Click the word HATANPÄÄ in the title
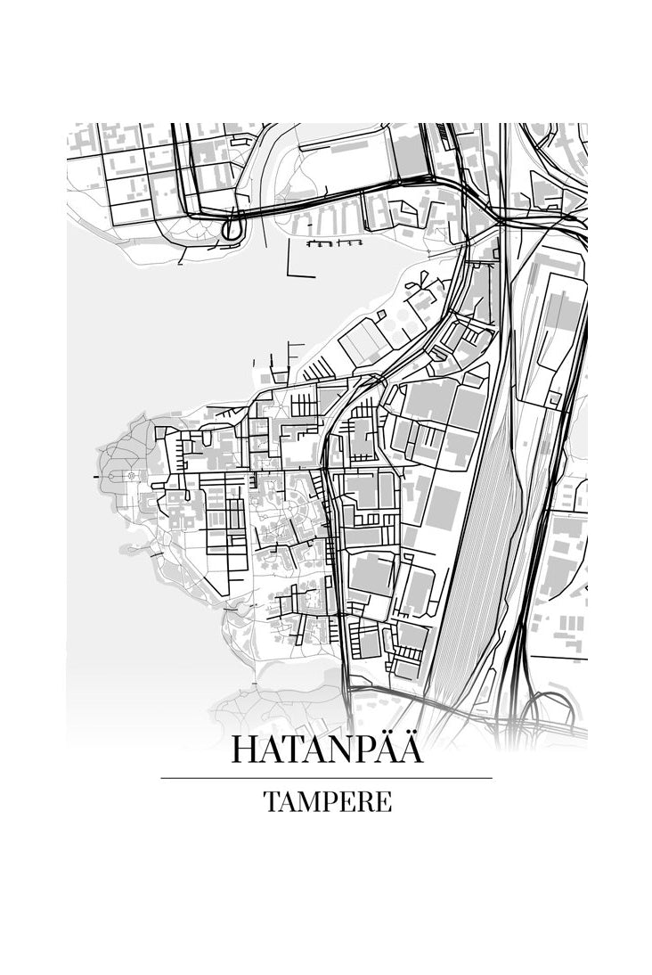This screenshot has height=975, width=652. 327,749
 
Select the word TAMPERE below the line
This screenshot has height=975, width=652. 327,801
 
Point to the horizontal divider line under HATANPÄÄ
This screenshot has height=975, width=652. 326,778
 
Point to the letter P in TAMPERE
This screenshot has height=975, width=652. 327,801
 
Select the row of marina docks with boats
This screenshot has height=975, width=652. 334,242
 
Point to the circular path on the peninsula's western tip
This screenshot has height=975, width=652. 132,476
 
